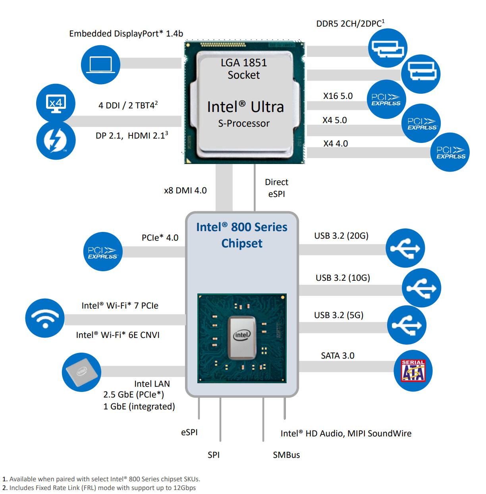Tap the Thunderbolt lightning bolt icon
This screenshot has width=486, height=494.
(x=55, y=140)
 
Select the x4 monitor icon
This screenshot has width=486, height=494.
(x=55, y=103)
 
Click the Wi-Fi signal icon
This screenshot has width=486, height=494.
(x=44, y=318)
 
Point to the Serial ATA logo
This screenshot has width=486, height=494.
(x=413, y=370)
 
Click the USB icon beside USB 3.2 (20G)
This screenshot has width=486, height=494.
(x=405, y=248)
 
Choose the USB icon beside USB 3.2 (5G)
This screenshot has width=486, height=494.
(x=407, y=325)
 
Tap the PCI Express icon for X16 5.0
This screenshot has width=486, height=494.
(x=386, y=99)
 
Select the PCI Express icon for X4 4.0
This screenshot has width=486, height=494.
(x=451, y=152)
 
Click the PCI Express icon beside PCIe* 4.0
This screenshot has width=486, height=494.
(x=103, y=252)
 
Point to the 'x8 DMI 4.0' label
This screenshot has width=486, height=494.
(x=185, y=190)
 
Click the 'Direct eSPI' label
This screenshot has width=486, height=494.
(x=276, y=188)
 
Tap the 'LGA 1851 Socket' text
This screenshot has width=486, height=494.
(x=243, y=69)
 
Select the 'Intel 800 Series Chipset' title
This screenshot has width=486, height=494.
(x=242, y=235)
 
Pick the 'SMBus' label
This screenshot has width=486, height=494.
(x=286, y=455)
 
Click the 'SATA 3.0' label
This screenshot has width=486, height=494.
(x=337, y=355)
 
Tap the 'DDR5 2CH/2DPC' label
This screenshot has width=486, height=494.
(x=350, y=23)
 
